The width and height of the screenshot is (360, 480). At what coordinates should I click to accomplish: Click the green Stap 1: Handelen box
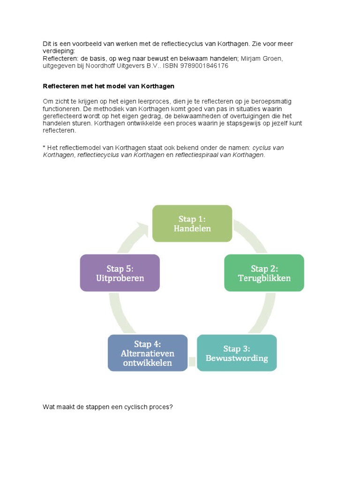pyautogui.click(x=192, y=224)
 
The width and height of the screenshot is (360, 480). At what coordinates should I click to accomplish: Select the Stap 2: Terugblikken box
pyautogui.click(x=264, y=273)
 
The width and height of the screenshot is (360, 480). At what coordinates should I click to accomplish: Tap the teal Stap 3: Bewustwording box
pyautogui.click(x=237, y=353)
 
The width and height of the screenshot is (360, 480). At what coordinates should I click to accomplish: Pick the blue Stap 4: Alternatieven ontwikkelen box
pyautogui.click(x=147, y=353)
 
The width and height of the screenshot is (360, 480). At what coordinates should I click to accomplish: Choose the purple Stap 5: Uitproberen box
pyautogui.click(x=120, y=273)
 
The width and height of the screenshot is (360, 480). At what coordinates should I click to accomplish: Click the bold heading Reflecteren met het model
pyautogui.click(x=109, y=86)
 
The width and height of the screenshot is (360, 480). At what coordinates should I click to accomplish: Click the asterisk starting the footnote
pyautogui.click(x=44, y=148)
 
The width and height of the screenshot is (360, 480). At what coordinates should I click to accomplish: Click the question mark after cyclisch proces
pyautogui.click(x=172, y=407)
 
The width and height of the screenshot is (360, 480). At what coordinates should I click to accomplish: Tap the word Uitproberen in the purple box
pyautogui.click(x=120, y=278)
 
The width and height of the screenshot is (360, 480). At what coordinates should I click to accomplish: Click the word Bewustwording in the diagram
pyautogui.click(x=237, y=358)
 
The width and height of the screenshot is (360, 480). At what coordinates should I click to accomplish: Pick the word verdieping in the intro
pyautogui.click(x=59, y=51)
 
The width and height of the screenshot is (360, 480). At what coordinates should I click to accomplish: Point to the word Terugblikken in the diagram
pyautogui.click(x=264, y=278)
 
